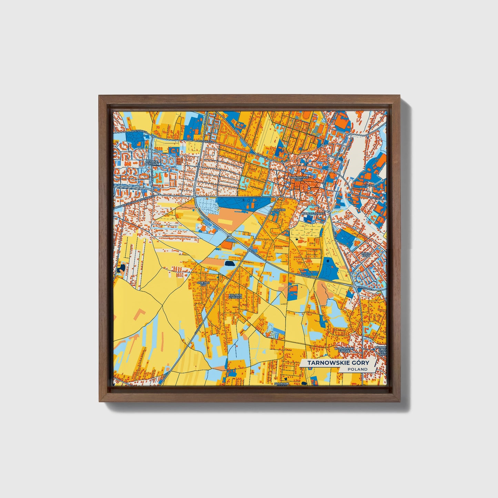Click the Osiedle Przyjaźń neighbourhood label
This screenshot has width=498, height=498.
pos(151,162)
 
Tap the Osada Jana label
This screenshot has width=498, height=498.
pos(366,254)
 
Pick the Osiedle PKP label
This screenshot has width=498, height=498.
pos(203,284)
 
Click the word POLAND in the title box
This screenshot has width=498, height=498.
pos(357,369)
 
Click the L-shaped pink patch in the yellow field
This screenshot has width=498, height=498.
pos(141,314)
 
